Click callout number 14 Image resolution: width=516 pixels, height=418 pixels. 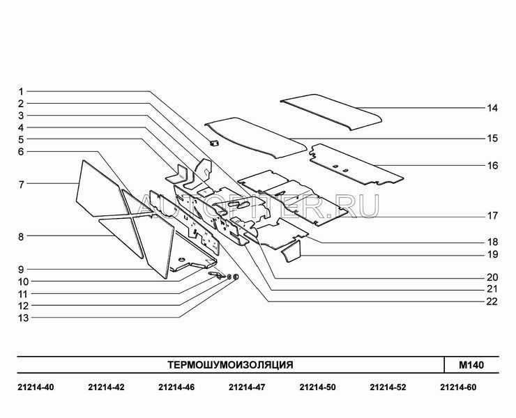coord(493,108)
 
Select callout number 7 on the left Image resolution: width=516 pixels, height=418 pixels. coord(22,184)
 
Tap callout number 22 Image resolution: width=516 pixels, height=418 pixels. coord(492,302)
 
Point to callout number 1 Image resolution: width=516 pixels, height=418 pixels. coord(22,91)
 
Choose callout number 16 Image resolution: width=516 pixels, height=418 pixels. coord(493,166)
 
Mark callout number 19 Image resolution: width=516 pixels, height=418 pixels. coord(493,254)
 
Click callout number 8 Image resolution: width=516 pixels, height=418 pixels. coord(22,237)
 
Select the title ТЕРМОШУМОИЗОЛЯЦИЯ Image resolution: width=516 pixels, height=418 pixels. coord(229,364)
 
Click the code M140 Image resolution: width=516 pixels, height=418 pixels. coord(471,364)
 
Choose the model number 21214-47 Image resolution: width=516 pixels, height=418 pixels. coord(245,387)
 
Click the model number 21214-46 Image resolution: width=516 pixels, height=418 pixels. coord(174,387)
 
